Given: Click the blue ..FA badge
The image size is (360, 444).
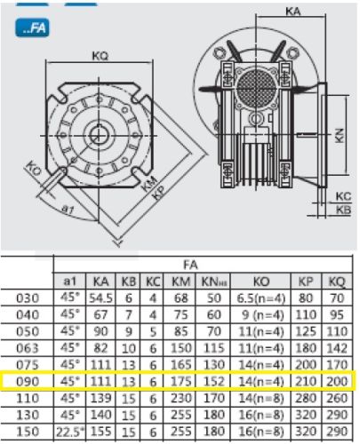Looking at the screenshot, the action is click(32, 28).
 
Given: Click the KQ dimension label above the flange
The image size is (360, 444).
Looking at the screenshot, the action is click(100, 56).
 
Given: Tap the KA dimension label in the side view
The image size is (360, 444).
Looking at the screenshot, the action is click(293, 12).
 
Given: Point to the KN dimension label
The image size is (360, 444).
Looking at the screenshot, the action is click(340, 136).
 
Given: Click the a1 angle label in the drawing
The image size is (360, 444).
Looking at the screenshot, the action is click(68, 210).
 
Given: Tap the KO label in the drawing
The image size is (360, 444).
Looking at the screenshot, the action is click(32, 169).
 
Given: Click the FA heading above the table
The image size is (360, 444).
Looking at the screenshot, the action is click(190, 265).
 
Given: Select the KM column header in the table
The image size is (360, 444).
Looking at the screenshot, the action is click(180, 281).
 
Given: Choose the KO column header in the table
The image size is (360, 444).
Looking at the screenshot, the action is click(261, 281).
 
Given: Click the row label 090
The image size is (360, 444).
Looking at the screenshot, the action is click(28, 382).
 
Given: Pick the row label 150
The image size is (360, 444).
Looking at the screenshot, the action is click(28, 432).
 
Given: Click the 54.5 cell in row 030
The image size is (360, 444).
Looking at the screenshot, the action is click(100, 298).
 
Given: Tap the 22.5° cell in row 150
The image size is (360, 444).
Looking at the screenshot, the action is click(70, 432).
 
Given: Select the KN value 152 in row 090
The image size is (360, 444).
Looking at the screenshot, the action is click(213, 381).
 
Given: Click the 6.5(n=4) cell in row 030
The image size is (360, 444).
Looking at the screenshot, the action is click(261, 298).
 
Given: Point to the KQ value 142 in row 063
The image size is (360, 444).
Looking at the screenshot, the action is click(337, 348).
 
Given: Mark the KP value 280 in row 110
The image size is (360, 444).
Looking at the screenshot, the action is click(305, 398).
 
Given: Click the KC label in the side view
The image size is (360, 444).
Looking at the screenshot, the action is click(343, 196).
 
